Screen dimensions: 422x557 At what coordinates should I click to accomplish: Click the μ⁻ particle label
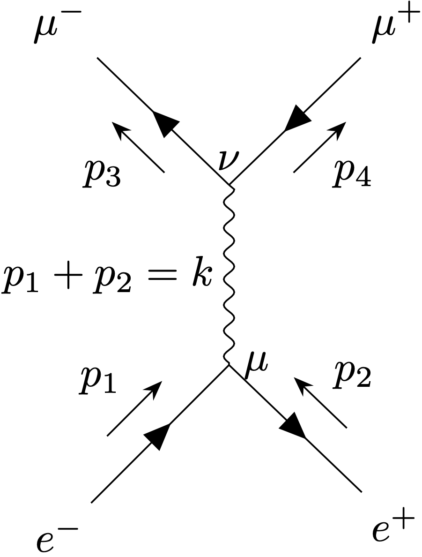click(x=57, y=27)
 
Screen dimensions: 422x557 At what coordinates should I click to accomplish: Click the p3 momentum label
click(x=102, y=173)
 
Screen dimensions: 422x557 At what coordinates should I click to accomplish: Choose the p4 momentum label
click(x=351, y=173)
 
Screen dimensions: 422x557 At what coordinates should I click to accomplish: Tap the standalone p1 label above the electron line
click(x=98, y=380)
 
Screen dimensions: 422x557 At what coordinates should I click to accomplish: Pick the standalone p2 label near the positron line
click(x=352, y=374)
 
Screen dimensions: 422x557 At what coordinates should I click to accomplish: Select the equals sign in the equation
click(x=161, y=275)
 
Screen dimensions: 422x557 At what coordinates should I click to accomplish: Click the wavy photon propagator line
click(x=229, y=275)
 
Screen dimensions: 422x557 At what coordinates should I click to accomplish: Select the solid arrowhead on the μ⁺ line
click(x=297, y=118)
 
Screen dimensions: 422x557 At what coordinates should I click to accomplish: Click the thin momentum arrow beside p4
click(x=320, y=147)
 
